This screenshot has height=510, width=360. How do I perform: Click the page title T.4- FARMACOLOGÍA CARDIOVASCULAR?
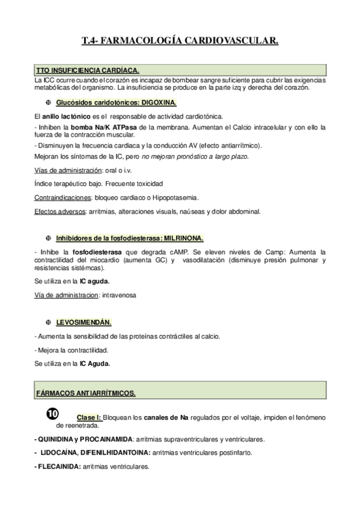(180, 41)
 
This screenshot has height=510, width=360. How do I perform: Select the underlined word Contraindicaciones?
(63, 197)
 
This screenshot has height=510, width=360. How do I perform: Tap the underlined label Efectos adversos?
(59, 211)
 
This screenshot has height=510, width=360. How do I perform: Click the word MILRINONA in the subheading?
(183, 238)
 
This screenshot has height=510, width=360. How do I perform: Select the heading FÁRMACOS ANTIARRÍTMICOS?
(85, 393)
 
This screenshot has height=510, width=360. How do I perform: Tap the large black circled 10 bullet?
(52, 414)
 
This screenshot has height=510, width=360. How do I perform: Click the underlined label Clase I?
(89, 417)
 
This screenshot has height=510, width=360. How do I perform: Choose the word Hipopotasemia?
(178, 197)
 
